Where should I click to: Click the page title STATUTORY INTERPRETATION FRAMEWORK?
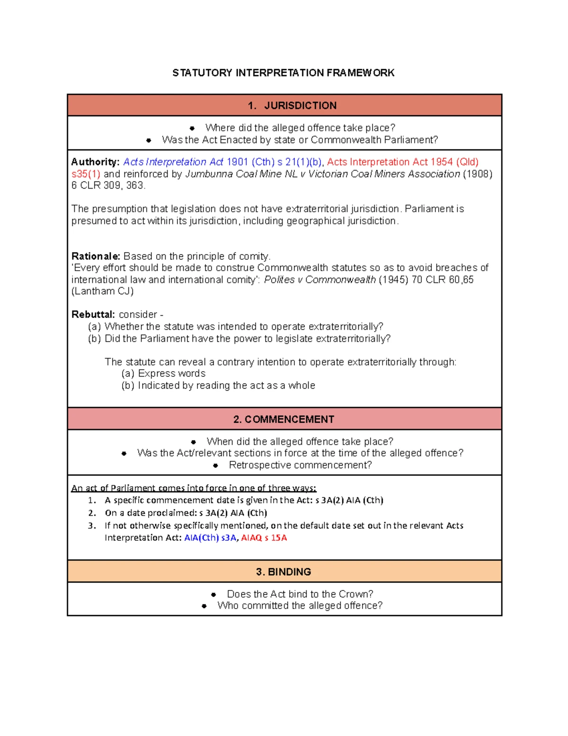coord(283,73)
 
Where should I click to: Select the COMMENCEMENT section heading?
coord(284,419)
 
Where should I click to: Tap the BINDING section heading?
coord(284,572)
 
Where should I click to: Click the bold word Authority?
coord(95,162)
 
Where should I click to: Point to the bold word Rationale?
coord(96,256)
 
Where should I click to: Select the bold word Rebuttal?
coord(93,315)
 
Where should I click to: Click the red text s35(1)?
coord(86,174)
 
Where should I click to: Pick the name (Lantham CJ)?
coord(102,291)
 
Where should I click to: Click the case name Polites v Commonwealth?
coord(319,280)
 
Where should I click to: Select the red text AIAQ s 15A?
coord(264,538)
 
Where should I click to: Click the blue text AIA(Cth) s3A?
coord(210,538)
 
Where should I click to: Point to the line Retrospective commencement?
coord(300,465)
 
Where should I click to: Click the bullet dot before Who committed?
coord(204,606)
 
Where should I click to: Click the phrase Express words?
coord(172,373)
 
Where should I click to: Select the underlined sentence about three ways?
coord(194,488)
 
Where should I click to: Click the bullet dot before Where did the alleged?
coord(192,128)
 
